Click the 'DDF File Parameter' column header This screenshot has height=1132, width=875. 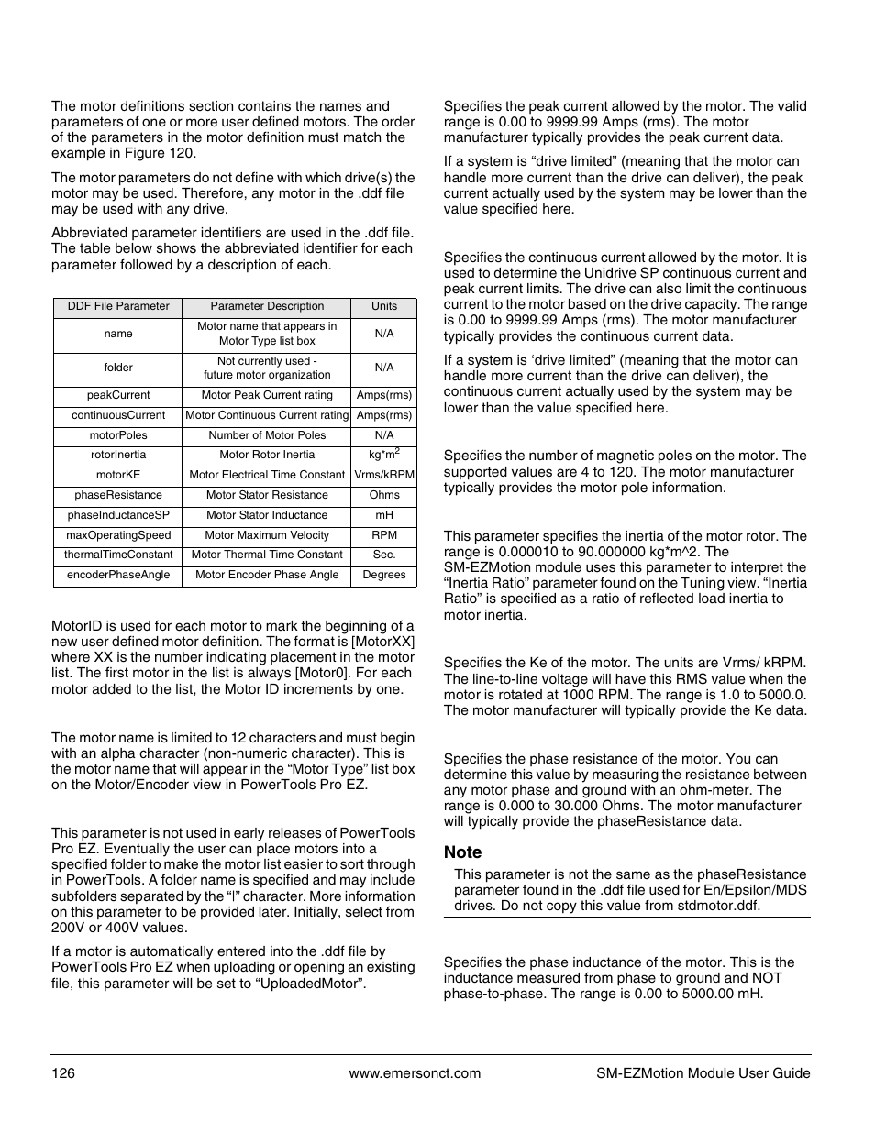(118, 306)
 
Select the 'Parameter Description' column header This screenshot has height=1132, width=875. (267, 306)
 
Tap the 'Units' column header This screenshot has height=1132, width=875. (384, 306)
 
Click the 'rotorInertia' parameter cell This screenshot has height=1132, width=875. (118, 455)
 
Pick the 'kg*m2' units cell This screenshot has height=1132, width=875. (384, 455)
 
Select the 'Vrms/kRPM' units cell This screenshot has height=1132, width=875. (384, 475)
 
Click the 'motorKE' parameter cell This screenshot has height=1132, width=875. (118, 475)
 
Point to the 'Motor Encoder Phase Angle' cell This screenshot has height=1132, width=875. (267, 575)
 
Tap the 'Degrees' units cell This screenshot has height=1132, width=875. (384, 575)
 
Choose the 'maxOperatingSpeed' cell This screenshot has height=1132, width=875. (118, 535)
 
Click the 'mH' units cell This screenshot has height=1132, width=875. (384, 515)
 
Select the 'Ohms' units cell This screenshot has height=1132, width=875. (384, 495)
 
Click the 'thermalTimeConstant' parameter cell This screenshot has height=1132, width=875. (118, 555)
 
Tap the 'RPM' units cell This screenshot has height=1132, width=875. (384, 535)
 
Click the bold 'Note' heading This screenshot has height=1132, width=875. (462, 852)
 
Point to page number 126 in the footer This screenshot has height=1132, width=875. (62, 1073)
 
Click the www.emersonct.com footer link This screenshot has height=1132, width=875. (415, 1073)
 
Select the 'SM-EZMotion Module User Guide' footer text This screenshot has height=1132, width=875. (697, 1073)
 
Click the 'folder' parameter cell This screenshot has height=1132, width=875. (118, 368)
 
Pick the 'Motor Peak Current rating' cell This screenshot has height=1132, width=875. (267, 395)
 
